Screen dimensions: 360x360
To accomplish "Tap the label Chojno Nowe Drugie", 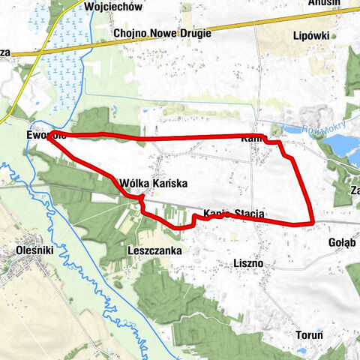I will pyautogui.click(x=162, y=34).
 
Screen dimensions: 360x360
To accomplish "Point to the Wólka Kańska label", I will pyautogui.click(x=152, y=183).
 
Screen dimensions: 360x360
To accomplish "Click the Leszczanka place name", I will pyautogui.click(x=155, y=250).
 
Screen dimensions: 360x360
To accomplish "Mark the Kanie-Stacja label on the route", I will pyautogui.click(x=233, y=214).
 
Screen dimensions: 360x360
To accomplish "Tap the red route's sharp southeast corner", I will pyautogui.click(x=311, y=223).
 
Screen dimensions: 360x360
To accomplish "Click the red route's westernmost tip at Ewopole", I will pyautogui.click(x=48, y=136).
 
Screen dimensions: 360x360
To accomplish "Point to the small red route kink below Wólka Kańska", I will pyautogui.click(x=141, y=201).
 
